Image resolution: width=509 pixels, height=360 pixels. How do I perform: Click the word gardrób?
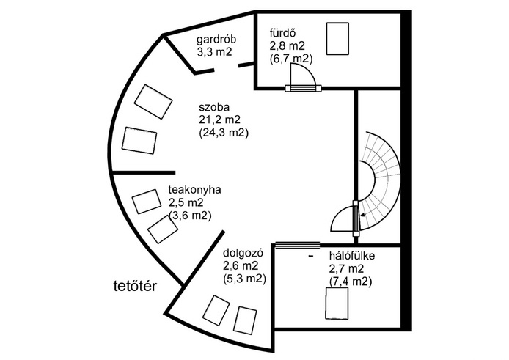(x=216, y=40)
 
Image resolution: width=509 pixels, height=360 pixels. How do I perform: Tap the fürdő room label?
(x=282, y=33)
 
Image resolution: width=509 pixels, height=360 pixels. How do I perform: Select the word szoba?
(x=214, y=107)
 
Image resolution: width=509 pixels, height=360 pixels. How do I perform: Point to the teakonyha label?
(x=195, y=189)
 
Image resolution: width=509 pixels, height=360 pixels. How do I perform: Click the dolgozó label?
(x=243, y=253)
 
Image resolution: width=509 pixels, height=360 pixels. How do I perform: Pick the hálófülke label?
(x=352, y=256)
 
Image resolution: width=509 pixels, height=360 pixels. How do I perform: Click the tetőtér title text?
(x=136, y=286)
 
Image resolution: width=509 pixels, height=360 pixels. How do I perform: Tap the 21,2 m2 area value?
(x=219, y=120)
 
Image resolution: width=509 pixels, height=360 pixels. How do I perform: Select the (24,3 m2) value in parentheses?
(x=224, y=133)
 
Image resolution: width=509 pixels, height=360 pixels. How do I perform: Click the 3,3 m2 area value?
(x=215, y=52)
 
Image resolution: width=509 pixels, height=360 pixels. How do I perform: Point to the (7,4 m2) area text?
(x=351, y=282)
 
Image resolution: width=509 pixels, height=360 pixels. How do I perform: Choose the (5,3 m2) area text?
(x=244, y=279)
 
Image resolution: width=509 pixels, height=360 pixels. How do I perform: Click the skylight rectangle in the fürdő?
(x=337, y=38)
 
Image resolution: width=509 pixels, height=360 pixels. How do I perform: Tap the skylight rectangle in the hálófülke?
(x=337, y=304)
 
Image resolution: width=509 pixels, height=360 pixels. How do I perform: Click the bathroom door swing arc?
(x=303, y=74)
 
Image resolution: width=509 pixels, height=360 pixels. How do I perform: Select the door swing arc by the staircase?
(x=343, y=219)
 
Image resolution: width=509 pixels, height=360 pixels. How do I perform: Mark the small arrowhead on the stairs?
(x=362, y=215)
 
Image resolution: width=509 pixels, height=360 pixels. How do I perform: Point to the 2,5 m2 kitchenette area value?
(x=186, y=202)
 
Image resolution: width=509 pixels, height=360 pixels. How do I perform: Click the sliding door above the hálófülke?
(x=297, y=244)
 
